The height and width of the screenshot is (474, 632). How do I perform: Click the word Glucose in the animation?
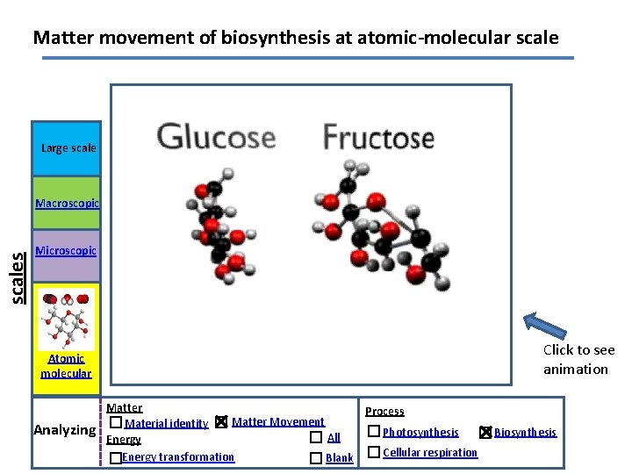[216, 137]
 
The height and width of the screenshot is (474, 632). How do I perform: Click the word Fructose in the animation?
[378, 138]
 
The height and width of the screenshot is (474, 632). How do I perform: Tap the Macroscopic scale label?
[67, 204]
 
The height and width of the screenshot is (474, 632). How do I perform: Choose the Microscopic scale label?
[67, 251]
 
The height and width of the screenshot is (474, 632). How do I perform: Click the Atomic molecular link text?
[66, 365]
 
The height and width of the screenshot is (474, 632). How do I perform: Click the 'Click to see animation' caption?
[578, 360]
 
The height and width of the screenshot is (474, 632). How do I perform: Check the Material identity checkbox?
[116, 422]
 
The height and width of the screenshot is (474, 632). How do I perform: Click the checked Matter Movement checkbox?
[221, 422]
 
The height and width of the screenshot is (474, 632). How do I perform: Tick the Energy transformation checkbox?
[116, 458]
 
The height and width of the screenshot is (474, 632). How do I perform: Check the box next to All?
[316, 437]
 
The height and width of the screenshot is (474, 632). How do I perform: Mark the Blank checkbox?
[316, 458]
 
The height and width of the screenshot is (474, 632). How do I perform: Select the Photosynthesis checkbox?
[374, 431]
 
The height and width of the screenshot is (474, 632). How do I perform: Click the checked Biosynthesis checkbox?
[486, 432]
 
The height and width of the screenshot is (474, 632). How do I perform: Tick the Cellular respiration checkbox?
[374, 452]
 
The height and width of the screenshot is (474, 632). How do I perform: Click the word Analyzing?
[64, 430]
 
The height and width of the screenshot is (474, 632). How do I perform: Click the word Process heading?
[384, 411]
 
